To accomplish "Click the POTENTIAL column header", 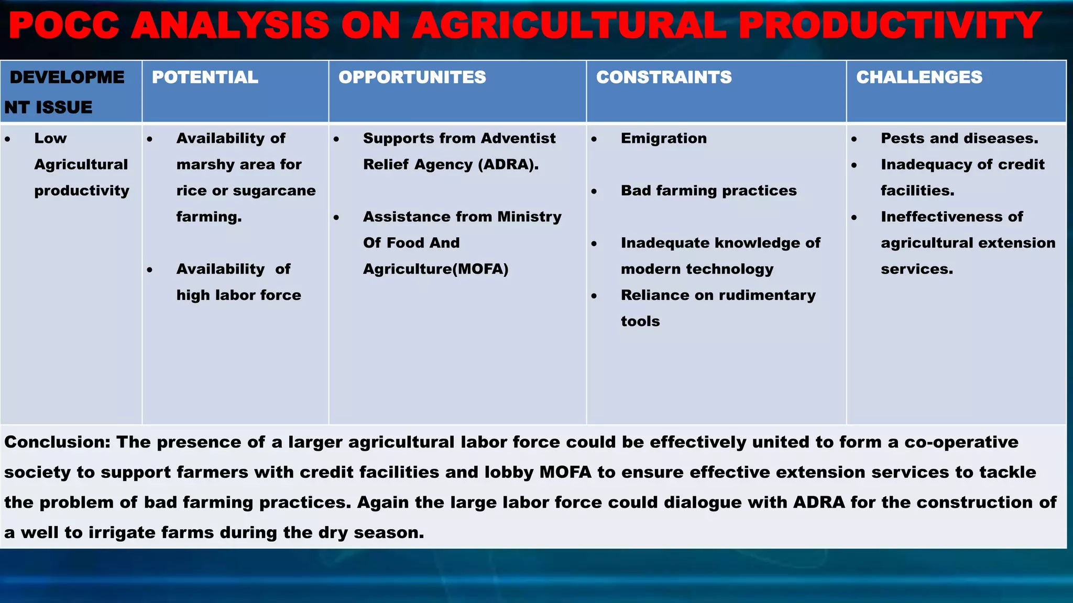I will point(205,77).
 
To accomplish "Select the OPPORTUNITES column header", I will point(412,77).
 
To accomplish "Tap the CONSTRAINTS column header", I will point(663,77).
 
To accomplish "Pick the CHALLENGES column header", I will point(919,77).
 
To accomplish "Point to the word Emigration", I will point(663,138).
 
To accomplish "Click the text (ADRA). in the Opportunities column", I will point(508,164).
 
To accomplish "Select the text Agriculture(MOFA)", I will point(435,269).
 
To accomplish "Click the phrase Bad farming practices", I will point(708,191).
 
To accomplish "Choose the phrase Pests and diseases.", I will point(959,138).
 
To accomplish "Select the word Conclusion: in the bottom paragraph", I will point(57,442).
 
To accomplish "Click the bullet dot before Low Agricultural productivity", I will point(7,139).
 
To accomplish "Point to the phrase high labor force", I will point(238,295).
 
